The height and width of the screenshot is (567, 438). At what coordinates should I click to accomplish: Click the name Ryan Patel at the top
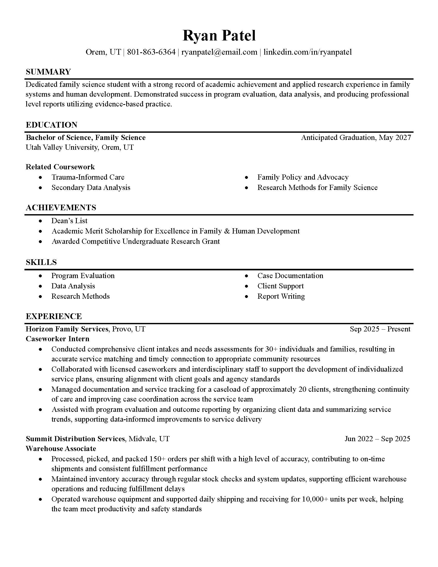pos(219,36)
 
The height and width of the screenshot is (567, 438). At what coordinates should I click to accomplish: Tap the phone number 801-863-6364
pos(151,52)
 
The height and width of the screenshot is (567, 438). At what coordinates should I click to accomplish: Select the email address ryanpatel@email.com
pos(219,52)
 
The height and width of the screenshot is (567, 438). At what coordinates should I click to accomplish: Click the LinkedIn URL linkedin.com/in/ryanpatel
pos(307,52)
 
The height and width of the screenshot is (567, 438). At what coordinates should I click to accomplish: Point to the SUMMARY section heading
pos(48,72)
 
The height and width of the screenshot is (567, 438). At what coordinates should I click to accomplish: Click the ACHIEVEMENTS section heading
pos(61,207)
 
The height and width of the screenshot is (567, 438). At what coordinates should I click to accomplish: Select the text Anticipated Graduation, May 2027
pos(356,137)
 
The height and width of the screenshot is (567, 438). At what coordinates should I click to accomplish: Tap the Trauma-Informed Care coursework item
pos(88,177)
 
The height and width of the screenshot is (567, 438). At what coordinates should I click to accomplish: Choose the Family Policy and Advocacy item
pos(302,177)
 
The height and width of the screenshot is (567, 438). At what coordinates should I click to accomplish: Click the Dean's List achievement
pos(69,221)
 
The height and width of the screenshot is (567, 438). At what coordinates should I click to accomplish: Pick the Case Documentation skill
pos(290,276)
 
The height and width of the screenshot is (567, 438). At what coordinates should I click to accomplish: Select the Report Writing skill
pos(281,296)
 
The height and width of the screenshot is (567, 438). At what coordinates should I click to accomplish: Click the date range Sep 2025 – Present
pos(380,329)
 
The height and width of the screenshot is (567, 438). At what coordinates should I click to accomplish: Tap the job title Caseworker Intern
pos(57,339)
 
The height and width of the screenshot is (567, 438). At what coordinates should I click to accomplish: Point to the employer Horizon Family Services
pos(67,329)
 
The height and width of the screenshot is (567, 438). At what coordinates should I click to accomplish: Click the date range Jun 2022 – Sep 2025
pos(377,439)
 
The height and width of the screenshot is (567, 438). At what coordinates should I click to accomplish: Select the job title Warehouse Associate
pos(61,449)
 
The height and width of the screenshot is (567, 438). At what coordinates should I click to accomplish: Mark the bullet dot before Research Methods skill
pos(40,296)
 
